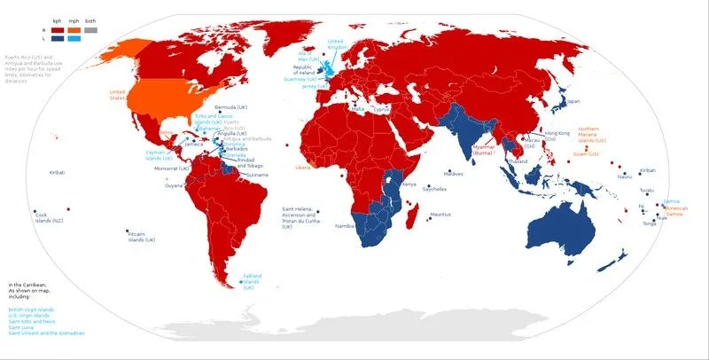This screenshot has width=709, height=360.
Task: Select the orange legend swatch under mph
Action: point(74,29)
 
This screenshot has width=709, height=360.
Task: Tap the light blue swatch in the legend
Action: point(74,37)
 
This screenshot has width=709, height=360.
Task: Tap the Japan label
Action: point(573,101)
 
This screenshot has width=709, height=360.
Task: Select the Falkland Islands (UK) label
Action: point(248,281)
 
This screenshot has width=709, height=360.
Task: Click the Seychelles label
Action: point(435,189)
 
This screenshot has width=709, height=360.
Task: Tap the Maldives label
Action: point(453,174)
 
